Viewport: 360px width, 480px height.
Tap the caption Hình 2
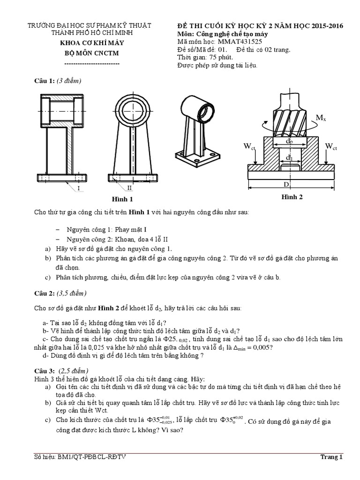pyautogui.click(x=292, y=197)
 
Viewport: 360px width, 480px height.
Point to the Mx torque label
pyautogui.click(x=321, y=118)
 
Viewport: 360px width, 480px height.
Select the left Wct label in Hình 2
pyautogui.click(x=249, y=147)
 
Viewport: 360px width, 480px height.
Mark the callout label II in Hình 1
pyautogui.click(x=130, y=188)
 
